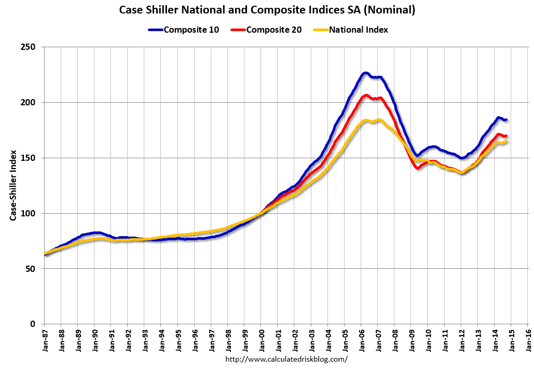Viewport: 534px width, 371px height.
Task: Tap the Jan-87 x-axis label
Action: (x=44, y=340)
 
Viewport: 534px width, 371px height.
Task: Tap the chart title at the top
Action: (x=267, y=10)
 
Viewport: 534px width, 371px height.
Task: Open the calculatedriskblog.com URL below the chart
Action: (x=286, y=359)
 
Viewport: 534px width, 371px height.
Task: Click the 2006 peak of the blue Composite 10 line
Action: (x=365, y=73)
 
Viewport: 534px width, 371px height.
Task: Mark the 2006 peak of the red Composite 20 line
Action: (x=366, y=95)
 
